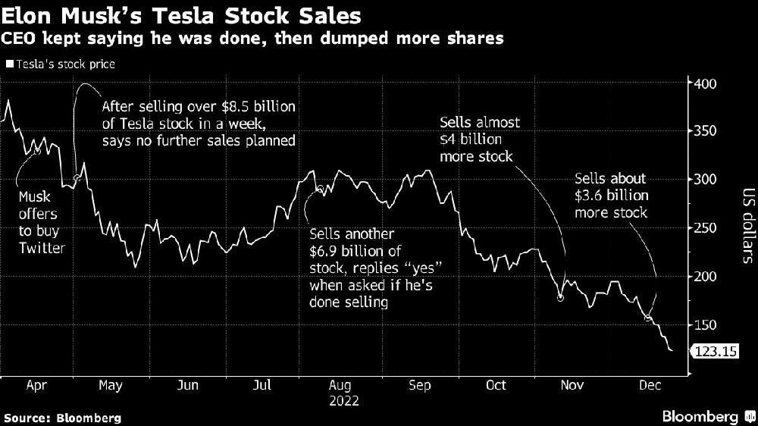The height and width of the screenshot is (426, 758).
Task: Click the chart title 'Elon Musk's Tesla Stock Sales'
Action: (182, 14)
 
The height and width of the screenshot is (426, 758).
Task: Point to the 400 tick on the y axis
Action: (706, 83)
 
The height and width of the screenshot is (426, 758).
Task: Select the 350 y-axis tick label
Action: (706, 131)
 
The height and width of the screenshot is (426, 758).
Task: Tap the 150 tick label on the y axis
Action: (706, 325)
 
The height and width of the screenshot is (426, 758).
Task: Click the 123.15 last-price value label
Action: (713, 351)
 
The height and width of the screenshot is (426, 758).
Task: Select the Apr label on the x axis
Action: (37, 385)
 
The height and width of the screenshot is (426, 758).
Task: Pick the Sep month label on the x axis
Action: (419, 385)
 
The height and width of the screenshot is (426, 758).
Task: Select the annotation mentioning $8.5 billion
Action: (198, 124)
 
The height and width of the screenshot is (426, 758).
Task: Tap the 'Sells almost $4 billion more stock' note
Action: (476, 139)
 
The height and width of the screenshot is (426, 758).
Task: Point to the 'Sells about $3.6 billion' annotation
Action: (611, 196)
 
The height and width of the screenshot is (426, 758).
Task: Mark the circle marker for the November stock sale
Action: (560, 298)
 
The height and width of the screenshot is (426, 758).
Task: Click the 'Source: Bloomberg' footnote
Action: (62, 418)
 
